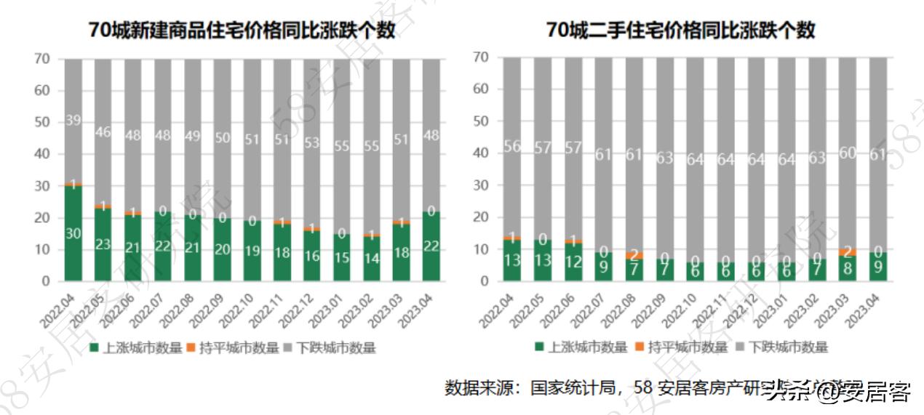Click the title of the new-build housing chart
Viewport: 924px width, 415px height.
[x=242, y=31]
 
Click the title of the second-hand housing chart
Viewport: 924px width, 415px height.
[x=680, y=31]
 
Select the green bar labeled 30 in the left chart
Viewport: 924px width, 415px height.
[x=73, y=233]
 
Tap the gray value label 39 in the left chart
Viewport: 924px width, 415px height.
[x=73, y=121]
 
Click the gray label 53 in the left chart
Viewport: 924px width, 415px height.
[x=311, y=142]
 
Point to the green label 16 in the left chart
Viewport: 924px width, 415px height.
[x=311, y=256]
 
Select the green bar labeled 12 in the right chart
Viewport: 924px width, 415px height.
[x=573, y=262]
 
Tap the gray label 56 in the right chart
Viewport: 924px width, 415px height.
[x=512, y=147]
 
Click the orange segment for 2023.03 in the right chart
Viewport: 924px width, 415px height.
[x=847, y=252]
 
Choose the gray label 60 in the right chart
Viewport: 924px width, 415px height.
[x=847, y=153]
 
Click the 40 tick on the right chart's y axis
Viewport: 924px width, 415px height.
[x=480, y=153]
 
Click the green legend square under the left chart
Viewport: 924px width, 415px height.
[x=94, y=347]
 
